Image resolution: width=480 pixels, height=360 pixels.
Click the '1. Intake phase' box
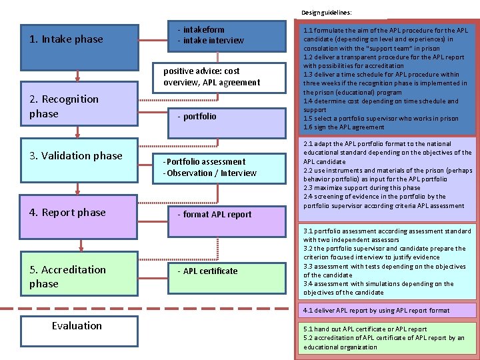coord(79,39)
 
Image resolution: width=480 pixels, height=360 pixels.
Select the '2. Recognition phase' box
coord(79,107)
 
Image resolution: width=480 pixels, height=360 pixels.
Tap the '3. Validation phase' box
coord(79,156)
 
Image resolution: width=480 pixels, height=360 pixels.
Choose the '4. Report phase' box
coord(79,213)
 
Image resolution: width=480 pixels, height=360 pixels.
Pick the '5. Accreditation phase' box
coord(79,276)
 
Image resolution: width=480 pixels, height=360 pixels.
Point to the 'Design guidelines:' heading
coord(327,12)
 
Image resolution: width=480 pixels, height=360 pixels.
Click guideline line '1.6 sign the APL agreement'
coord(344,127)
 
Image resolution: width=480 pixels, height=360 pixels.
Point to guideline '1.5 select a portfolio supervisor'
coord(381,119)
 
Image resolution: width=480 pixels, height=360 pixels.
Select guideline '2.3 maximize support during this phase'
coord(362,188)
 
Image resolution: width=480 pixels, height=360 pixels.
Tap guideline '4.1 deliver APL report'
coord(377,311)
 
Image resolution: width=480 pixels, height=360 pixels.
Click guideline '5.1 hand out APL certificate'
coord(365,329)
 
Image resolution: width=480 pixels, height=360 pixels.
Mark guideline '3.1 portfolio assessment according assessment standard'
coord(387,231)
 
